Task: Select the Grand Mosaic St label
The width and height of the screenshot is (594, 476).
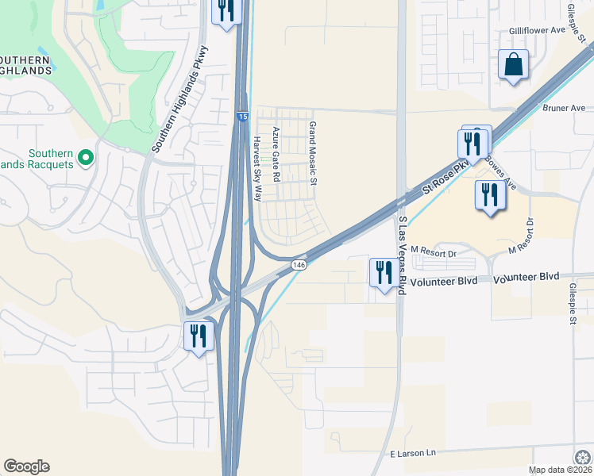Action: pos(313,154)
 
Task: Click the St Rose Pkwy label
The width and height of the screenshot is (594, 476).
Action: pos(446,174)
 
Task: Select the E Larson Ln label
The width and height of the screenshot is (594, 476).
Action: pos(413,453)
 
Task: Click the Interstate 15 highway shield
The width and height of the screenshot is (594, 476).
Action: pos(241,117)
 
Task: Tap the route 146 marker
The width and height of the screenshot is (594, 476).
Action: pos(299,265)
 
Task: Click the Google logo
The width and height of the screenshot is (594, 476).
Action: pos(26,466)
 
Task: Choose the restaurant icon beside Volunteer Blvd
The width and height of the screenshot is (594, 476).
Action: pos(384,272)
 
